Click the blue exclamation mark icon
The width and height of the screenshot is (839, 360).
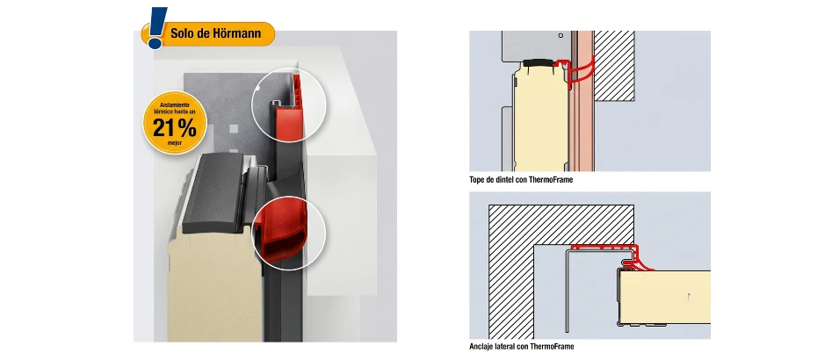156,28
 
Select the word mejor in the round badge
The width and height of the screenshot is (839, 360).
175,143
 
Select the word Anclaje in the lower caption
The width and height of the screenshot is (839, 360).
481,347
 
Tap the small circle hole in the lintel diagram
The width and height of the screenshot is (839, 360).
561,35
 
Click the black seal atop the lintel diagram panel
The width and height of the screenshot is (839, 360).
538,62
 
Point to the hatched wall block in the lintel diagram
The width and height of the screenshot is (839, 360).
615,65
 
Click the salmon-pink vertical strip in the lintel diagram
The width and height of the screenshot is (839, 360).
584,101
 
